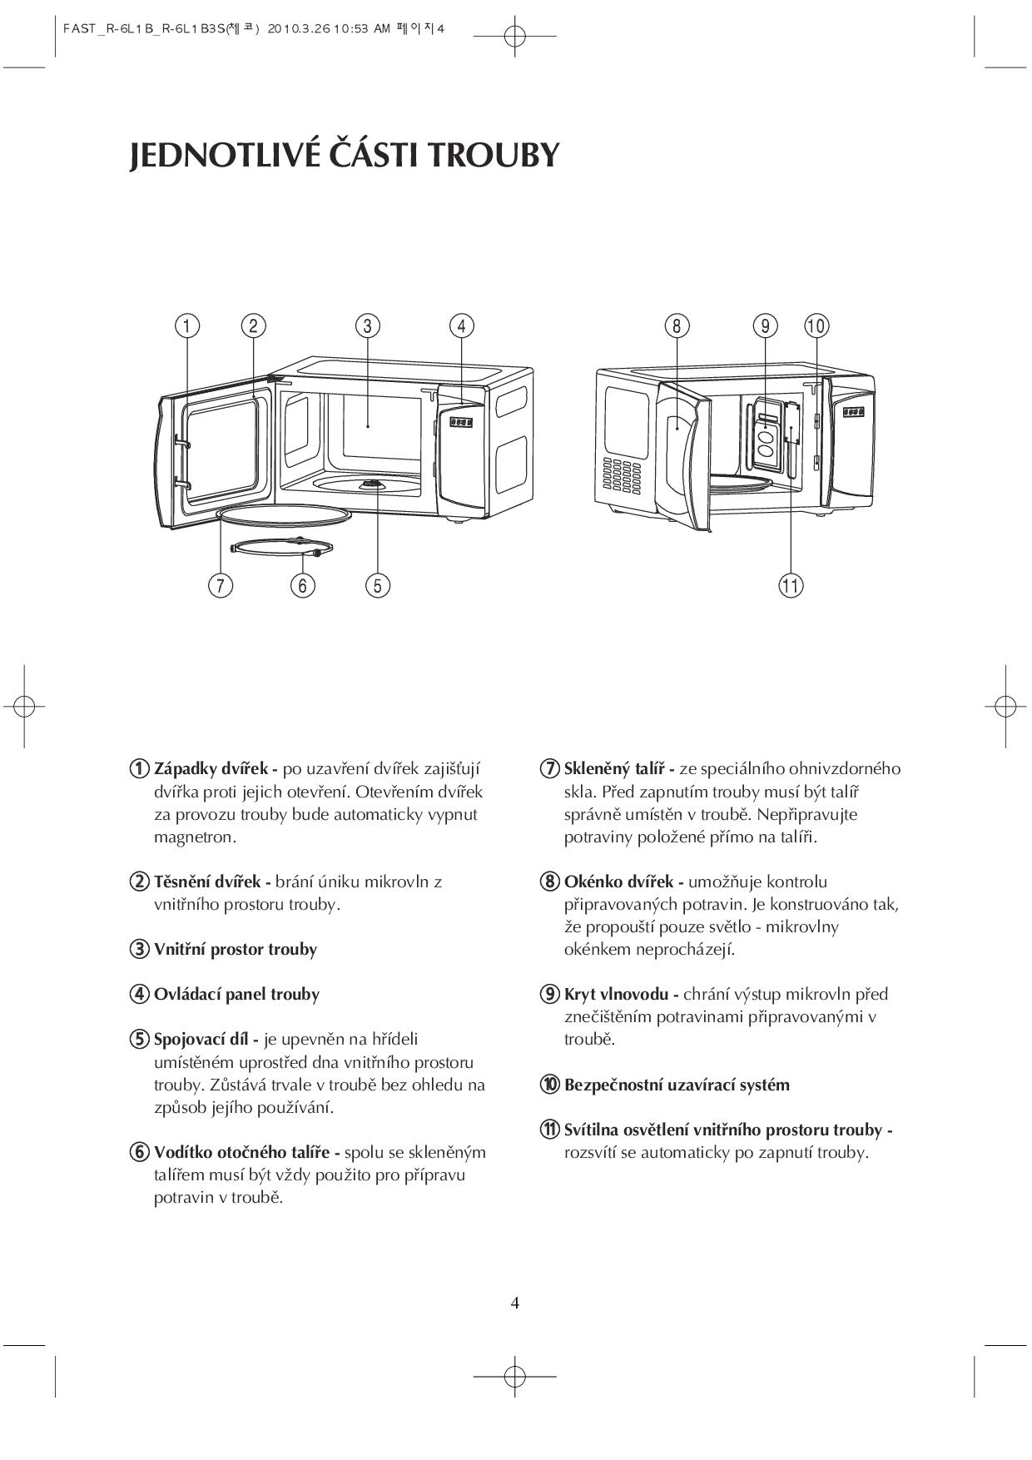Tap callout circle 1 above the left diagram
coord(187,325)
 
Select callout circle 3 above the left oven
coord(367,325)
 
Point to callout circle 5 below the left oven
coord(377,585)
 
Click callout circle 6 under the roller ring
coord(302,585)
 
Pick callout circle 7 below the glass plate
coord(220,585)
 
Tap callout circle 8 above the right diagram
coord(677,325)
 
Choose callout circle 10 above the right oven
coord(816,325)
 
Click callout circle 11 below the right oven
coord(791,585)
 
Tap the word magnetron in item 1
coord(195,837)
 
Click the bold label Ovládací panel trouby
coord(236,994)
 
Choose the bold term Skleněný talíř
coord(618,769)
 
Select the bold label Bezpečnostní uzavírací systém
coord(677,1085)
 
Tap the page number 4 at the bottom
coord(515,1303)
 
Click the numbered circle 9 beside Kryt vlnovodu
coord(549,994)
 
